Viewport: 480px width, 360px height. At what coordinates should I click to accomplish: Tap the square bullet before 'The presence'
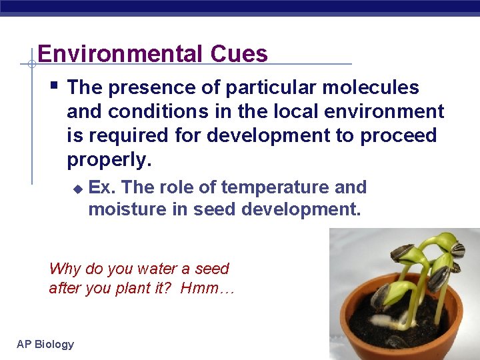(x=55, y=85)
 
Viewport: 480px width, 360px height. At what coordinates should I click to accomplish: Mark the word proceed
(x=398, y=135)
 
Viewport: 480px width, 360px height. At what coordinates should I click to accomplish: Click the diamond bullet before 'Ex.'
(x=77, y=189)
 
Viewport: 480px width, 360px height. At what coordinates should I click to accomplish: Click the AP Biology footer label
(x=45, y=344)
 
